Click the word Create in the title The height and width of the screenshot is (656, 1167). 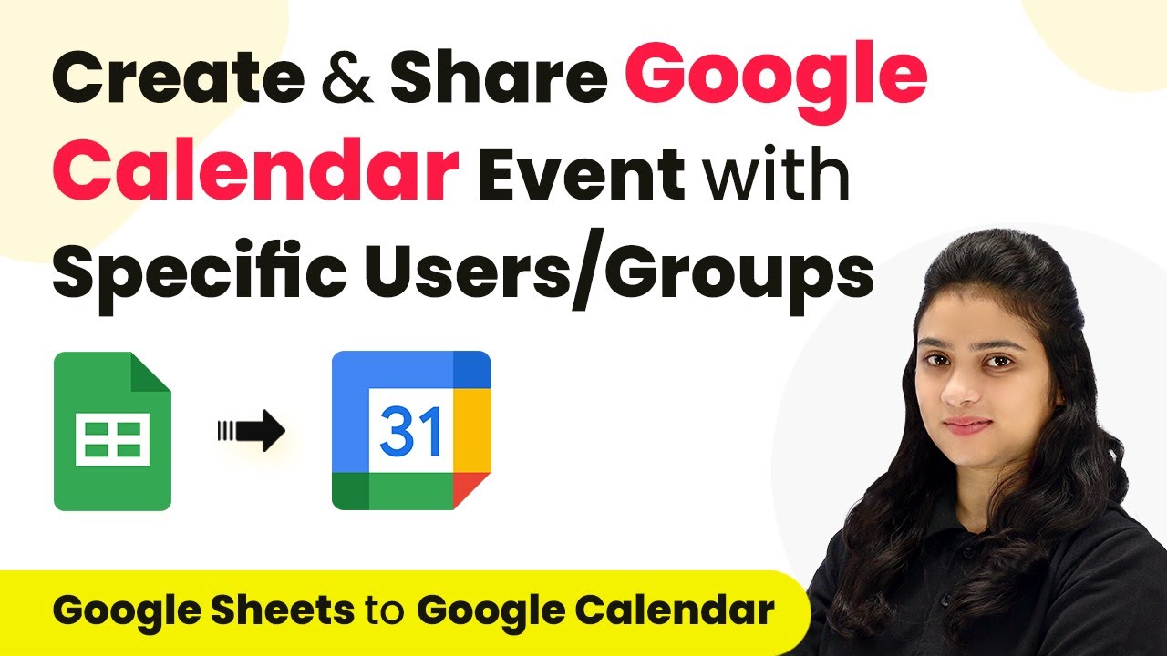178,77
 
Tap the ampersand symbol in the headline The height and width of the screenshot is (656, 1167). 347,77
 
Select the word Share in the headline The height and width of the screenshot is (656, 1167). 499,77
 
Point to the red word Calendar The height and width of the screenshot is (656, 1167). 254,170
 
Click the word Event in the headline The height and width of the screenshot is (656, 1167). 581,172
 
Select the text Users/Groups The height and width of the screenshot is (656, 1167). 619,271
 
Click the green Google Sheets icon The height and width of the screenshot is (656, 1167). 112,431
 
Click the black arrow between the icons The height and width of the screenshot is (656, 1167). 252,431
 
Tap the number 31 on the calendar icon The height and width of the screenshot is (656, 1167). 411,431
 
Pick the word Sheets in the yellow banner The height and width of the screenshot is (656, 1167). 283,610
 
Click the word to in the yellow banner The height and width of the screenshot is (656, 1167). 386,611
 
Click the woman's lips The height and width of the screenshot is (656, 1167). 968,425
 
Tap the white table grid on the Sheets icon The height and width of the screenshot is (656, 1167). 112,439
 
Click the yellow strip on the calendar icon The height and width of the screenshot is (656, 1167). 471,431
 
